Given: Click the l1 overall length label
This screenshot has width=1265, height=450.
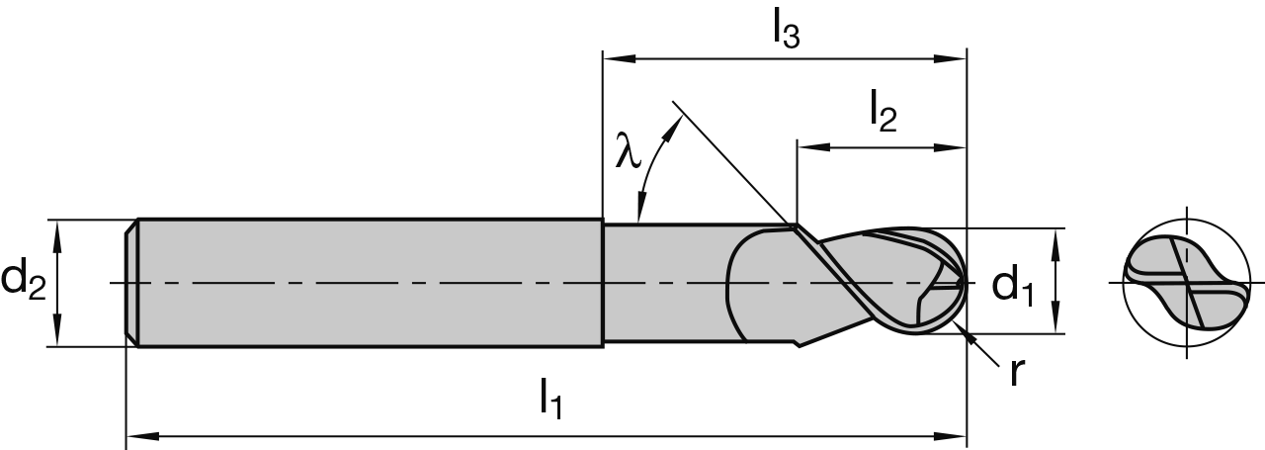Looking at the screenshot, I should click(551, 399).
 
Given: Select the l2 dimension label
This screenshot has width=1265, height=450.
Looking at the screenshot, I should click(883, 113).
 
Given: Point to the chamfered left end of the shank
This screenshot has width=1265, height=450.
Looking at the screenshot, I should click(131, 282).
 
